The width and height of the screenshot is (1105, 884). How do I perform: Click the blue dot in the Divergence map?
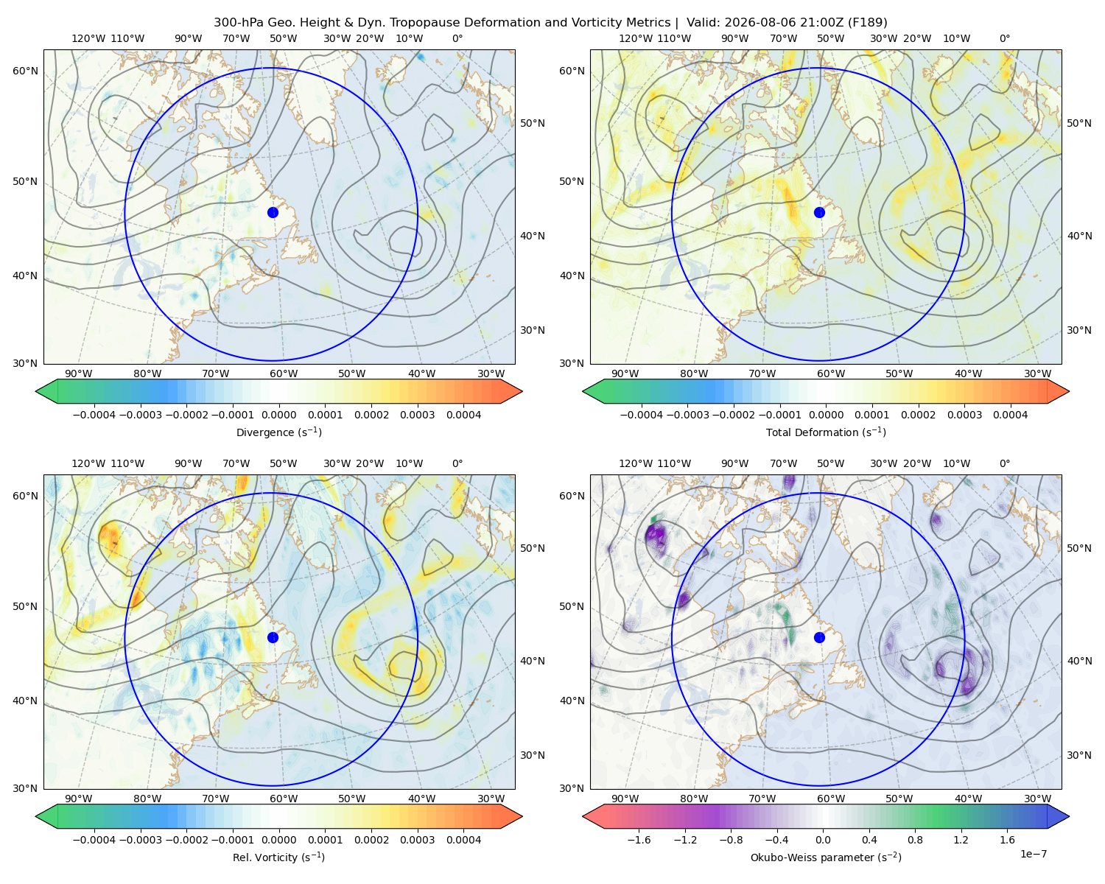273,212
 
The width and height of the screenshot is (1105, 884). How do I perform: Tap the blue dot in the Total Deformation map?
819,212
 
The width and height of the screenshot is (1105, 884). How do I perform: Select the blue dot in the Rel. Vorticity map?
273,637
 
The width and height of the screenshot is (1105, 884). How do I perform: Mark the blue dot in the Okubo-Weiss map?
819,637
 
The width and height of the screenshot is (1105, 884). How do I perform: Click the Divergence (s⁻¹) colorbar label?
278,432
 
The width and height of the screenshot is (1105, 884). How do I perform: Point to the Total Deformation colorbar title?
826,432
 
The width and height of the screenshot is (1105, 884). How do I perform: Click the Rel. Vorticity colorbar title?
278,857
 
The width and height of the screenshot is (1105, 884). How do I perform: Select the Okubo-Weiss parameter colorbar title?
826,857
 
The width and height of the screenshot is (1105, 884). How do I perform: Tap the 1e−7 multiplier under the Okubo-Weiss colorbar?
1033,854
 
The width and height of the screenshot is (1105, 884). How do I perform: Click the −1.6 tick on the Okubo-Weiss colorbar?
639,840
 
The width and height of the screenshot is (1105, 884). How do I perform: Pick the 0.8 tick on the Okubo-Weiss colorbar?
915,840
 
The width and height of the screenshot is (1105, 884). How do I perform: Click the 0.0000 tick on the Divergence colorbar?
278,415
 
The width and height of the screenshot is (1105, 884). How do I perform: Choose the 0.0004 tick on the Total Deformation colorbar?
1010,415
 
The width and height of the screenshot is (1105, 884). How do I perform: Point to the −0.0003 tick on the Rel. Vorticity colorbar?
140,840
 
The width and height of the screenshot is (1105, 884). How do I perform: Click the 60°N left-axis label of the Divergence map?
25,71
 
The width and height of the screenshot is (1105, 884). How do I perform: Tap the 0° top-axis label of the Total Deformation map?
1004,38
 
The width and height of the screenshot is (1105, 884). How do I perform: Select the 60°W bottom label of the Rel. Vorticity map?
284,799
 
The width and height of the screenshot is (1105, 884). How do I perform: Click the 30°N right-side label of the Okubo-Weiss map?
1078,755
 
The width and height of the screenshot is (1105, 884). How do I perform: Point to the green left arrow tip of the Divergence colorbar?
36,391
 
